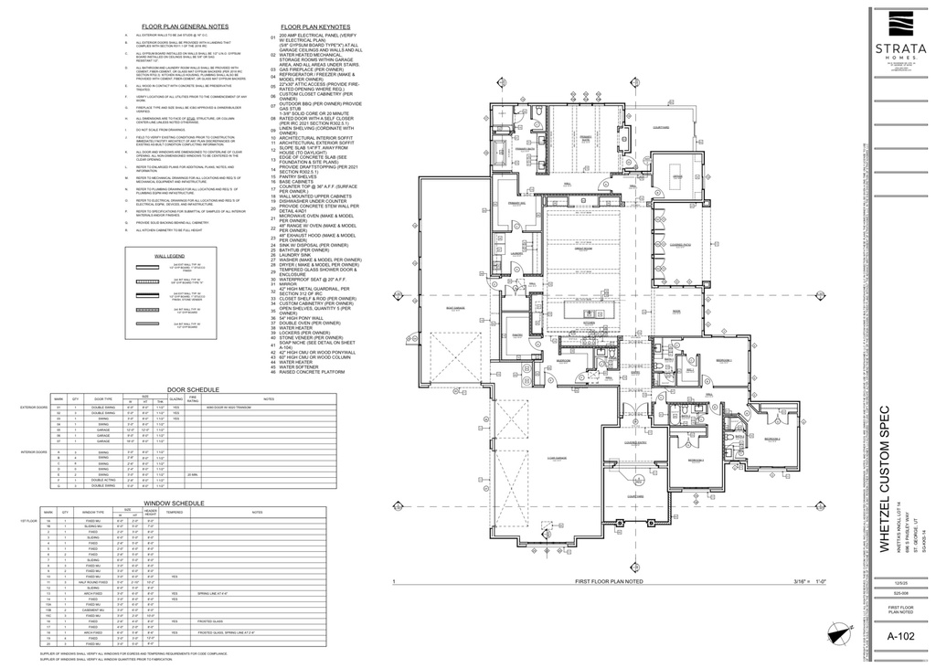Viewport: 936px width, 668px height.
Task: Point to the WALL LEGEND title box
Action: [170, 257]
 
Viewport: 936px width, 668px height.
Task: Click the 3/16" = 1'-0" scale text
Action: [815, 581]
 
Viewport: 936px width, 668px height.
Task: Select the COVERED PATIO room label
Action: [680, 245]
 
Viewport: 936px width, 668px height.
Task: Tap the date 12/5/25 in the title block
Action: [899, 581]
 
